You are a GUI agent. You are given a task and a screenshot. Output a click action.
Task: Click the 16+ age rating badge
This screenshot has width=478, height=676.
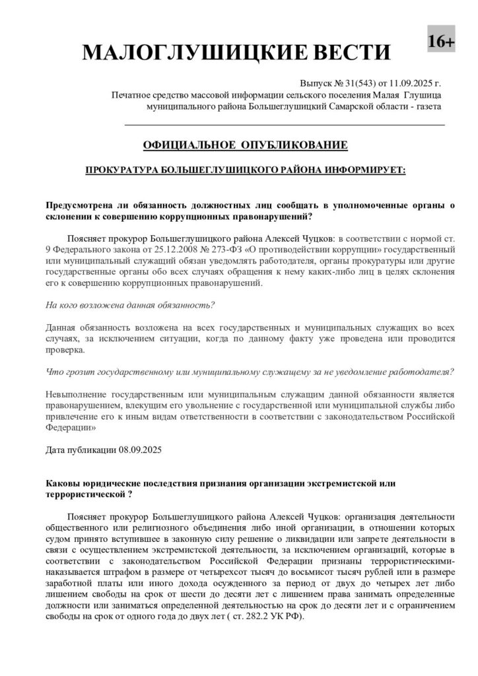point(441,42)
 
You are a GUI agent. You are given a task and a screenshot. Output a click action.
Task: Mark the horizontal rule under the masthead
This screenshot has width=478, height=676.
point(285,124)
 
